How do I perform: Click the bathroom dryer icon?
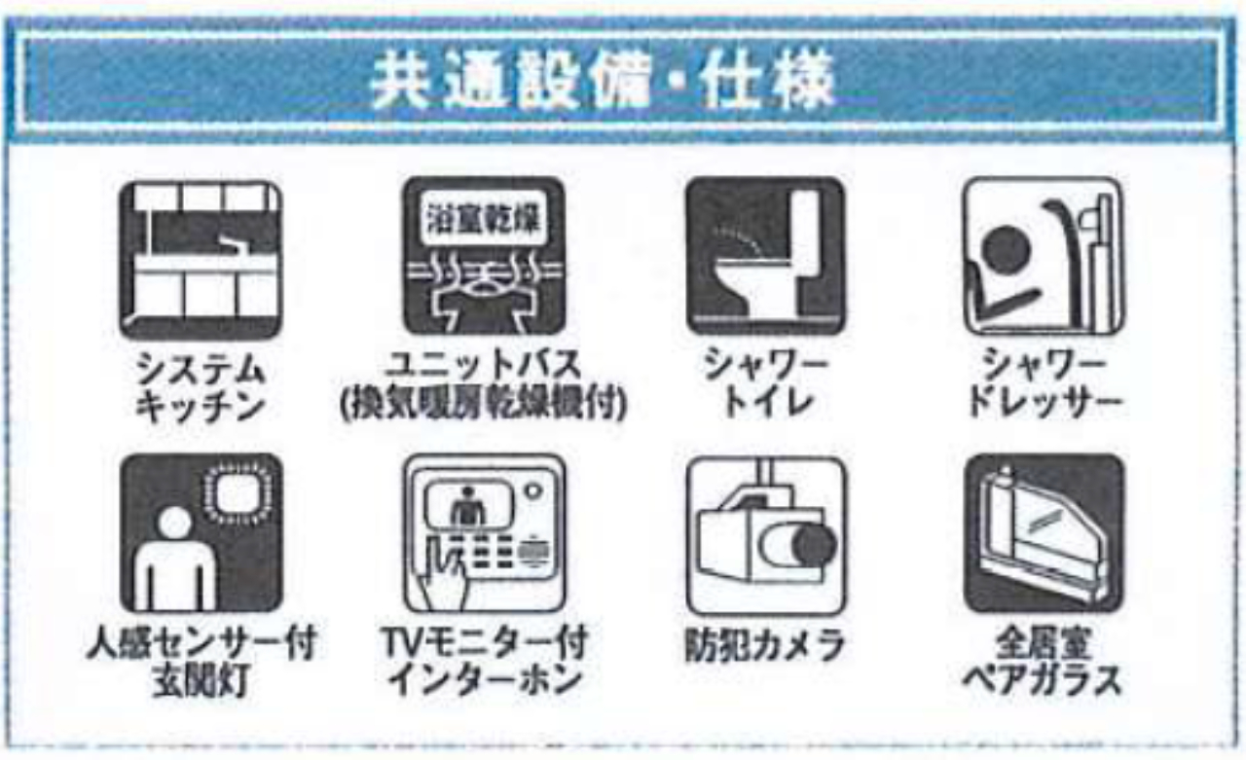click(x=484, y=258)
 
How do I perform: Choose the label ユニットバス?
click(x=484, y=368)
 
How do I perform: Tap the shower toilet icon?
click(x=765, y=258)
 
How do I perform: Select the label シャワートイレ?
click(x=765, y=387)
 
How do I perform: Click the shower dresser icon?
click(x=1042, y=258)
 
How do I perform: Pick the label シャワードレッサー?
click(x=1042, y=387)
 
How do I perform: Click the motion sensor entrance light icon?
click(x=201, y=533)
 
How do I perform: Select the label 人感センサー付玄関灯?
click(x=201, y=662)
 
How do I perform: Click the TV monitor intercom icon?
click(x=484, y=533)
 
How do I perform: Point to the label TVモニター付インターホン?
click(x=484, y=662)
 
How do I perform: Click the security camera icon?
click(x=765, y=533)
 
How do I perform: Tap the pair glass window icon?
click(x=1042, y=533)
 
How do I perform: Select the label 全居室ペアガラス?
click(x=1042, y=662)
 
